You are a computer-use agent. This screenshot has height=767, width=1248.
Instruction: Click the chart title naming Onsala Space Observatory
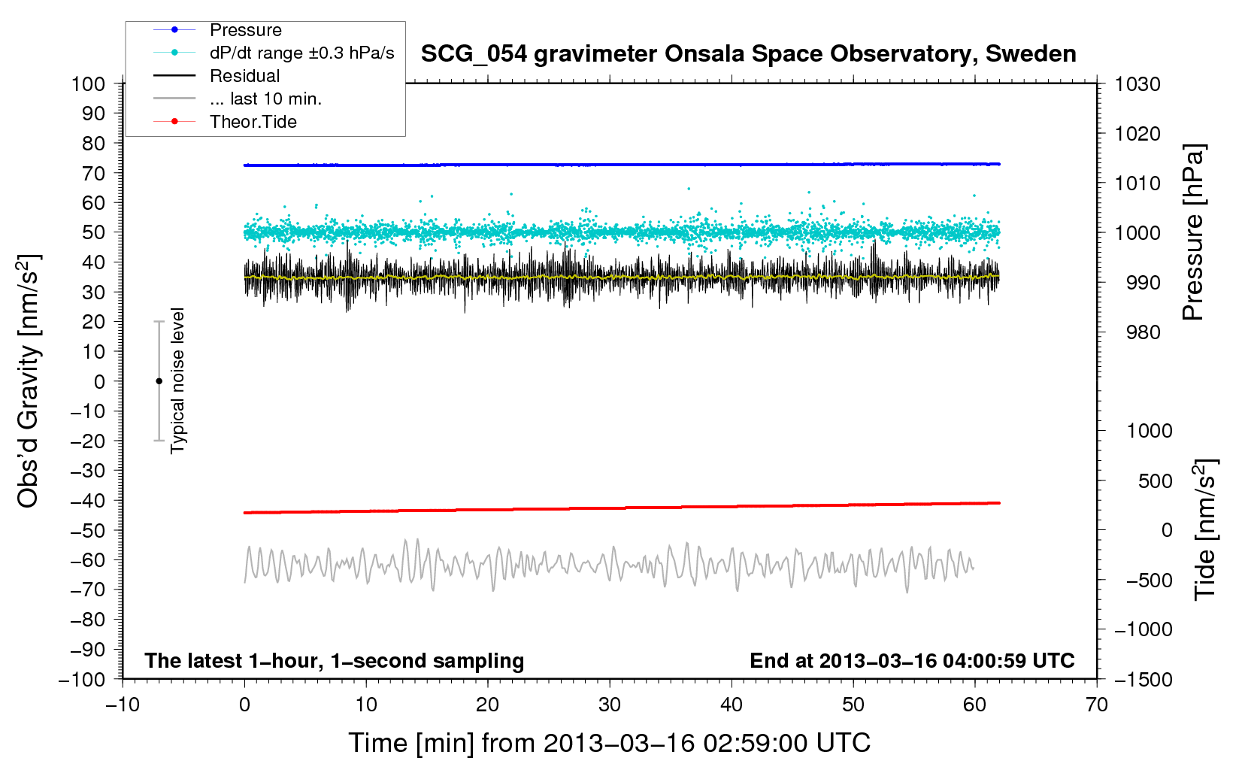point(748,54)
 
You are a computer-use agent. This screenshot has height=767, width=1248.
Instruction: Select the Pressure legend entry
point(245,30)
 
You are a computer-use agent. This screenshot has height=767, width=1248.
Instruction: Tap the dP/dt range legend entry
point(301,53)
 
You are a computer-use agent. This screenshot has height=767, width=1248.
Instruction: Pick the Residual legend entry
point(244,76)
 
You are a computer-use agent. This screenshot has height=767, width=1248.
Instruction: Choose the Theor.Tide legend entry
point(253,122)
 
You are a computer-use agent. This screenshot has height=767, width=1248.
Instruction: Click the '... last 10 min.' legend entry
point(265,99)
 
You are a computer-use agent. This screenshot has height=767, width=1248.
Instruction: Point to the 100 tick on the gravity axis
point(88,83)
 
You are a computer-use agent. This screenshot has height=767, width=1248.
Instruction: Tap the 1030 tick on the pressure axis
point(1137,84)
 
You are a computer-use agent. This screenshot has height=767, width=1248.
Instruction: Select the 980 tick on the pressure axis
point(1143,332)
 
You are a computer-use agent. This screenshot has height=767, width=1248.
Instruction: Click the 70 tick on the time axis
point(1097,705)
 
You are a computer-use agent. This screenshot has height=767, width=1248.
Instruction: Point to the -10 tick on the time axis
point(123,705)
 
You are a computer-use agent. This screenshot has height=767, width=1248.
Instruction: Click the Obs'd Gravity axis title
point(29,381)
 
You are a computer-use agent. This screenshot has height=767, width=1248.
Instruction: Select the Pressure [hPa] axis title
point(1193,232)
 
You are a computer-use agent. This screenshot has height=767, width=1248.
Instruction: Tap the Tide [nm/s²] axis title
point(1205,529)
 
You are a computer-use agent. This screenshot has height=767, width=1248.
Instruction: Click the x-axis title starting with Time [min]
point(609,743)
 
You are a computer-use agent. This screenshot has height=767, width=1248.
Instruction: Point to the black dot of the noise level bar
point(159,381)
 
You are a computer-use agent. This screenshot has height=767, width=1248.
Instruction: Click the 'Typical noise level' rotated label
point(177,380)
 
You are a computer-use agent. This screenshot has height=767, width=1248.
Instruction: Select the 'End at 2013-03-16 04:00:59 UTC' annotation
point(912,661)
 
